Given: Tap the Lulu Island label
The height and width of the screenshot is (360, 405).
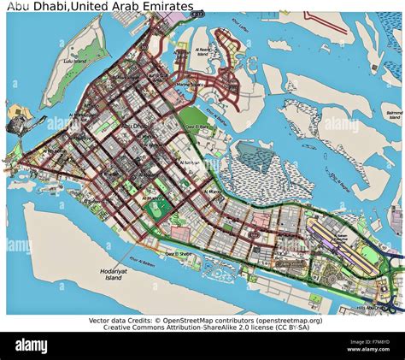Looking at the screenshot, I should pyautogui.click(x=74, y=62).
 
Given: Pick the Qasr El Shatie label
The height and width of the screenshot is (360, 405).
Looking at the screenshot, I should pyautogui.click(x=179, y=254).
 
